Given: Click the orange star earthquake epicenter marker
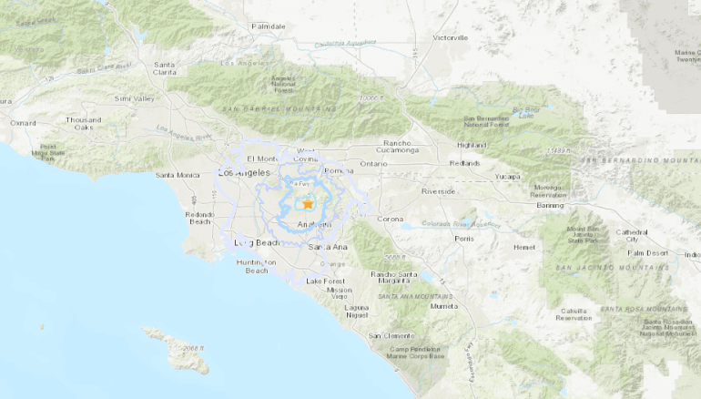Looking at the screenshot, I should (x=308, y=204).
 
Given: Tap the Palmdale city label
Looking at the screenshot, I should (x=269, y=26).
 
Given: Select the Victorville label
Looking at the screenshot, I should (x=450, y=37).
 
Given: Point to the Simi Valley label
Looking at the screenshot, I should (x=134, y=97).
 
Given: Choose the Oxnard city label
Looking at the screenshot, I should (x=22, y=122).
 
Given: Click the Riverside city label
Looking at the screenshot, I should (x=438, y=191).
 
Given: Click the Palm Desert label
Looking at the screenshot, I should (x=647, y=252).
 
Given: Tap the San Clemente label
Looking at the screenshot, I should (x=391, y=336).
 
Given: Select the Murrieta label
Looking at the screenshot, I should (x=444, y=306).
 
